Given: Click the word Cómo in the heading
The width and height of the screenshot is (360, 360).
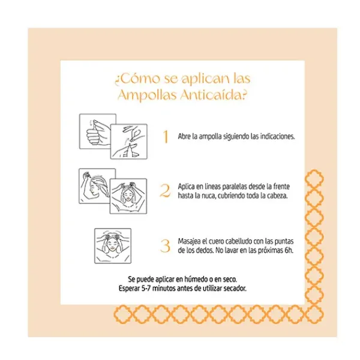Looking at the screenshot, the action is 140,79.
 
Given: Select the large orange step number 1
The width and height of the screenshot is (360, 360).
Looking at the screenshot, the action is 166,137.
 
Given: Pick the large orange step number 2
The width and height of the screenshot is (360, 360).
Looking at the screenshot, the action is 165,191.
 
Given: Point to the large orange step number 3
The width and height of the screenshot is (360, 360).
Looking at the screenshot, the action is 165,246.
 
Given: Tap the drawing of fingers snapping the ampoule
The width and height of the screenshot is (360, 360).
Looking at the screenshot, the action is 129,142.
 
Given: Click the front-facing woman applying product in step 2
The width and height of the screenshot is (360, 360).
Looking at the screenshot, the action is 128,196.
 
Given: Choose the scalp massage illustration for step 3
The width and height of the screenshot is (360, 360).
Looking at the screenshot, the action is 113,245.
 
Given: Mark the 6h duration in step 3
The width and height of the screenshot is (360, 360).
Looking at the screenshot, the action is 289,250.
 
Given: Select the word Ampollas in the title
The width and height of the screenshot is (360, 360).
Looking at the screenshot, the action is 148,95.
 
